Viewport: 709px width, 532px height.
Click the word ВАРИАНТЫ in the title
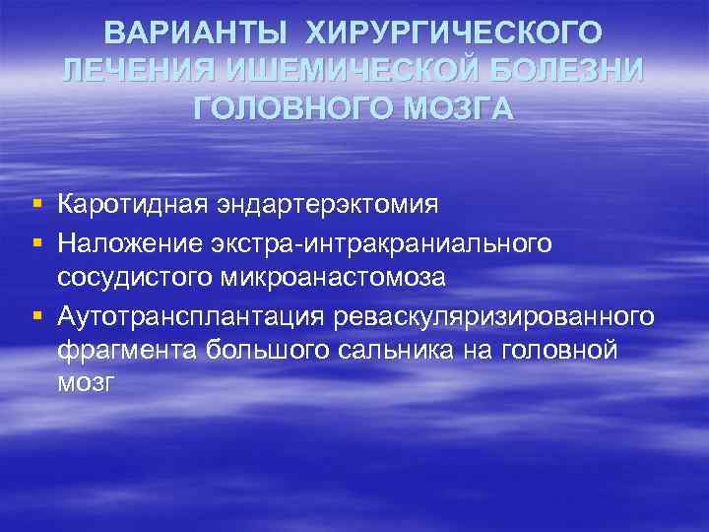[x=198, y=33]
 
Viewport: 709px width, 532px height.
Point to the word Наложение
[x=127, y=241]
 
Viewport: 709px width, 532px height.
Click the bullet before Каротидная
[x=35, y=205]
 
